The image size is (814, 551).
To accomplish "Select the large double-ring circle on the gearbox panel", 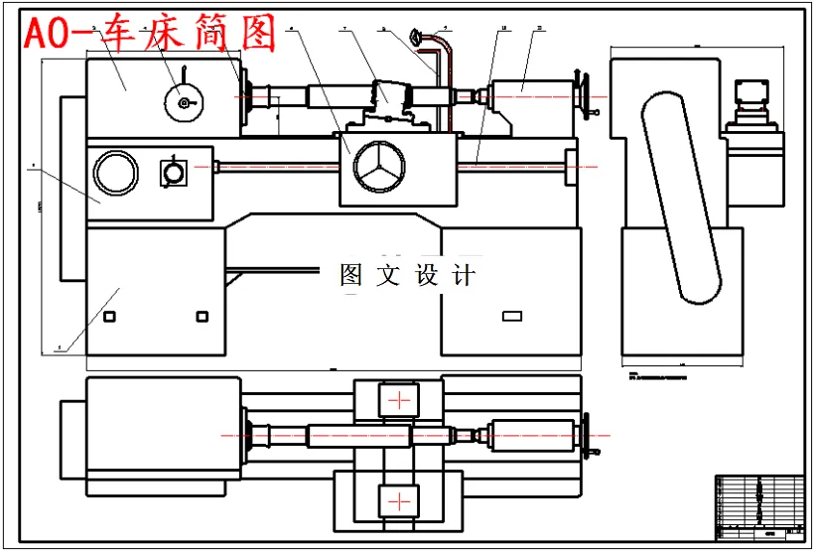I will click(117, 172).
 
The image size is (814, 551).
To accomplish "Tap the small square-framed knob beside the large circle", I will click(174, 174).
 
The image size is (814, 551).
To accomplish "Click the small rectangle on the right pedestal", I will click(512, 316).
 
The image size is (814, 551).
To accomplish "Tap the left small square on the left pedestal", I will click(109, 316).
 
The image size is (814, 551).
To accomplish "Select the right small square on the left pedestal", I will click(203, 316).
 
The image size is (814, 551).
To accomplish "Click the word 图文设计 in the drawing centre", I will click(408, 275).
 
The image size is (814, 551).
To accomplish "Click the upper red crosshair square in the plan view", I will click(399, 400).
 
